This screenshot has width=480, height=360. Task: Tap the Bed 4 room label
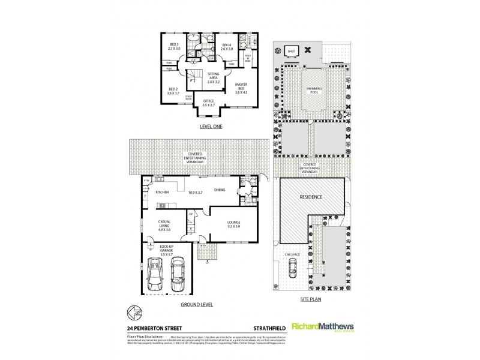[x=226, y=47]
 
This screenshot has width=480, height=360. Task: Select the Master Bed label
[x=241, y=89]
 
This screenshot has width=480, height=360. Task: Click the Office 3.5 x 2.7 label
[x=208, y=103]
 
